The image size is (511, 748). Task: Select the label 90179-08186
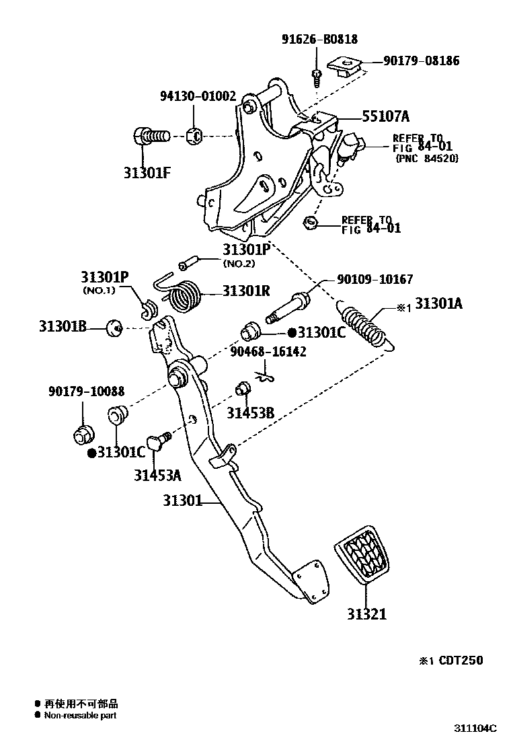pyautogui.click(x=422, y=61)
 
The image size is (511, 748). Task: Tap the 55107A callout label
pyautogui.click(x=385, y=116)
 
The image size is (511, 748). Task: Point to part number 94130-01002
pyautogui.click(x=198, y=96)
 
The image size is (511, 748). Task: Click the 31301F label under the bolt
pyautogui.click(x=147, y=172)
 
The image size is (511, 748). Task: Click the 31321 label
pyautogui.click(x=367, y=614)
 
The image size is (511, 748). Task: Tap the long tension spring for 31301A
pyautogui.click(x=366, y=326)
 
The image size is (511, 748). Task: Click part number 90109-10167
pyautogui.click(x=375, y=279)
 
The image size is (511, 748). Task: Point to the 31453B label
pyautogui.click(x=250, y=413)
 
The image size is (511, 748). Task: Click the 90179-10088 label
pyautogui.click(x=85, y=391)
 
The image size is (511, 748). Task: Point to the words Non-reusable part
pyautogui.click(x=80, y=716)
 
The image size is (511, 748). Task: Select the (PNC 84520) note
pyautogui.click(x=428, y=159)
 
